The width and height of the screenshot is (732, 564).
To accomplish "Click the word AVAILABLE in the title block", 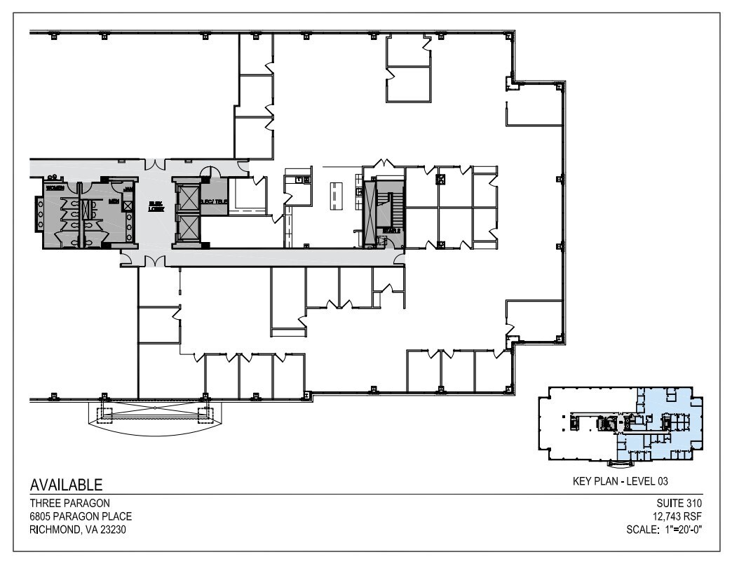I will tap(66, 485).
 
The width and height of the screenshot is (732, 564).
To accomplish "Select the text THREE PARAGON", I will tap(61, 503).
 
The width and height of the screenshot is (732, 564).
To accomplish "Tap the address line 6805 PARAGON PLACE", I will tap(80, 516).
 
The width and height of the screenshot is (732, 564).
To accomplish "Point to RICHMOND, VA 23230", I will tap(78, 529).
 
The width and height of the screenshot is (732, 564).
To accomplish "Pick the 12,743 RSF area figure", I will tap(677, 516).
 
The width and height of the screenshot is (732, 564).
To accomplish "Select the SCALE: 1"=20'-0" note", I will tap(664, 529).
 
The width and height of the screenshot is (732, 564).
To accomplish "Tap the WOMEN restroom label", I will tap(55, 189).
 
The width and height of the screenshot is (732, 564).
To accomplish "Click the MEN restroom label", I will tap(113, 202).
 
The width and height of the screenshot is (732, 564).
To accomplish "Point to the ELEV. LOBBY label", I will tap(156, 207).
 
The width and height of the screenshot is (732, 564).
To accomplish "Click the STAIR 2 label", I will tap(391, 230).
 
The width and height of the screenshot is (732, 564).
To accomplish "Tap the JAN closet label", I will tap(128, 189).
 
